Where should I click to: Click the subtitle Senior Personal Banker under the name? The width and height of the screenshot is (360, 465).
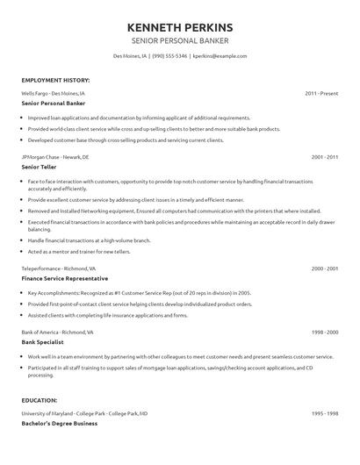click(x=179, y=40)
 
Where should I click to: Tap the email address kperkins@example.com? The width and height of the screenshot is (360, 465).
click(x=219, y=56)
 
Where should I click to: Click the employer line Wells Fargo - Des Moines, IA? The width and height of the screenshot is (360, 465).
click(x=54, y=92)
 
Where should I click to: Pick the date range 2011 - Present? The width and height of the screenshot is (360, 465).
click(x=321, y=92)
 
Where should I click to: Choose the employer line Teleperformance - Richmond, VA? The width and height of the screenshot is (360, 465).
click(x=61, y=268)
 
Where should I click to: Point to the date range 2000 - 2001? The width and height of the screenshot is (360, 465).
click(x=325, y=268)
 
